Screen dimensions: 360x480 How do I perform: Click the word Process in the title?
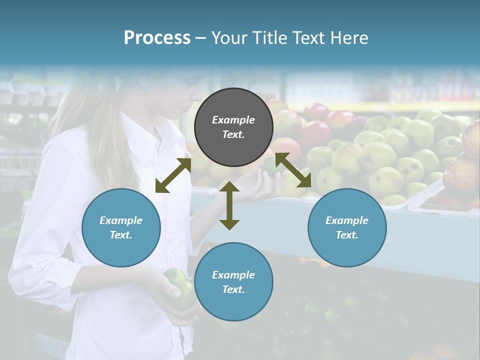tap(157, 38)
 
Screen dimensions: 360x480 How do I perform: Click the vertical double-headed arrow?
tap(229, 205)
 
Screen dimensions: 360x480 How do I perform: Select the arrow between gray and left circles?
tap(173, 175)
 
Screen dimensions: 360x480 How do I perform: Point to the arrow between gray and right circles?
tap(293, 170)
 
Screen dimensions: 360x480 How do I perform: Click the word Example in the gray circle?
tap(233, 120)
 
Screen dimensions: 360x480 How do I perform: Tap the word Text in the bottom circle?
tap(233, 289)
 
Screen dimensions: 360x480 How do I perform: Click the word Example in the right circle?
tap(347, 220)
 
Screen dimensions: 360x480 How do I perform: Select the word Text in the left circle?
tap(121, 235)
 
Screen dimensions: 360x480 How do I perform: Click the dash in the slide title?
tap(201, 38)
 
